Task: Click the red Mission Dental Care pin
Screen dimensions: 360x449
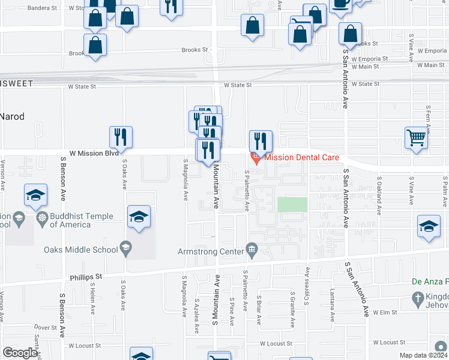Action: tap(256, 158)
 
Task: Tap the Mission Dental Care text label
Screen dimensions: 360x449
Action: tap(301, 158)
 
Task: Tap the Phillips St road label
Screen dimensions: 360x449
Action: tap(86, 277)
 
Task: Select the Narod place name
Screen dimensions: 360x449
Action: tap(12, 116)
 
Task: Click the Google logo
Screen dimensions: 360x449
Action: tap(20, 352)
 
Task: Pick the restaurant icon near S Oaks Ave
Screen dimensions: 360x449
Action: tap(121, 137)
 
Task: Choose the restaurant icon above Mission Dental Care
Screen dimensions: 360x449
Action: tap(261, 141)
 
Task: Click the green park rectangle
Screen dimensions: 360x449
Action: tap(292, 205)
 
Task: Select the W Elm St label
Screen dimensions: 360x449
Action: tap(385, 313)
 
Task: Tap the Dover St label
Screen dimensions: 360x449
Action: tap(46, 328)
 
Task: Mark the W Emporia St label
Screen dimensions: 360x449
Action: tap(372, 59)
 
